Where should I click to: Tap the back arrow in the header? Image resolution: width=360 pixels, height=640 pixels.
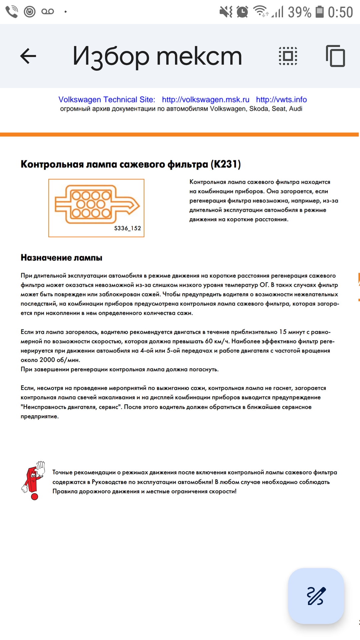[x=28, y=56]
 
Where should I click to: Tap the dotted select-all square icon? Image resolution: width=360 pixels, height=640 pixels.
[x=288, y=56]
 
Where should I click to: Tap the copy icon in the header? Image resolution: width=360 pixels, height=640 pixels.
[x=335, y=56]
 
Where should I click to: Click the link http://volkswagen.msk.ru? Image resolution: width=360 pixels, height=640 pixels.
[x=205, y=100]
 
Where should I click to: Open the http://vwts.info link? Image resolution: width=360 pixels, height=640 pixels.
[x=281, y=100]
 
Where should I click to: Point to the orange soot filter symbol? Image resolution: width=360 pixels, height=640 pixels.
[x=97, y=204]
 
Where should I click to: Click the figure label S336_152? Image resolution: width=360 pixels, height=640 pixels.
[x=127, y=228]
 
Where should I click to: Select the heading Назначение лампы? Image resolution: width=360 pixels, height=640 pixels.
[x=61, y=258]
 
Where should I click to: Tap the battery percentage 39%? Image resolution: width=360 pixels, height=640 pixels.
[x=299, y=12]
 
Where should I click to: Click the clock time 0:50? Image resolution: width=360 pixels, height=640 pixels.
[x=340, y=12]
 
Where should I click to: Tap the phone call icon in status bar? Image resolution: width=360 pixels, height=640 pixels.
[x=12, y=12]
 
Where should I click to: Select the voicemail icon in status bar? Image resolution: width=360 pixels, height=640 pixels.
[x=48, y=12]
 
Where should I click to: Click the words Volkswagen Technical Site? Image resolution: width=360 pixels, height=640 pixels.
[x=107, y=100]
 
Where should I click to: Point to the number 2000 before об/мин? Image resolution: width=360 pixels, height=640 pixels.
[x=47, y=360]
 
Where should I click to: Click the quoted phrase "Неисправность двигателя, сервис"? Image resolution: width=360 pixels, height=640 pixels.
[x=71, y=407]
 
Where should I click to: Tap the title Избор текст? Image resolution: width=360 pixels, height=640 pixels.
[x=157, y=56]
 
